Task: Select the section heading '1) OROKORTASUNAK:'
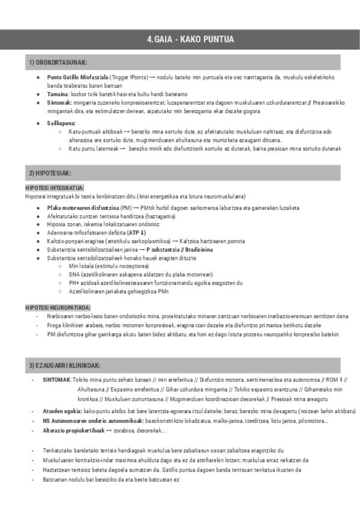coord(58,63)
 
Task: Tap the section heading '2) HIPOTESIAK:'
coord(51,173)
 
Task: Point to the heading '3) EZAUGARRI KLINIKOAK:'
coord(64,366)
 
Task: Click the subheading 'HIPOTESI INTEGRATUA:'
coord(55,188)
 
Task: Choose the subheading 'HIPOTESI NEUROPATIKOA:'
coord(58,307)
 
